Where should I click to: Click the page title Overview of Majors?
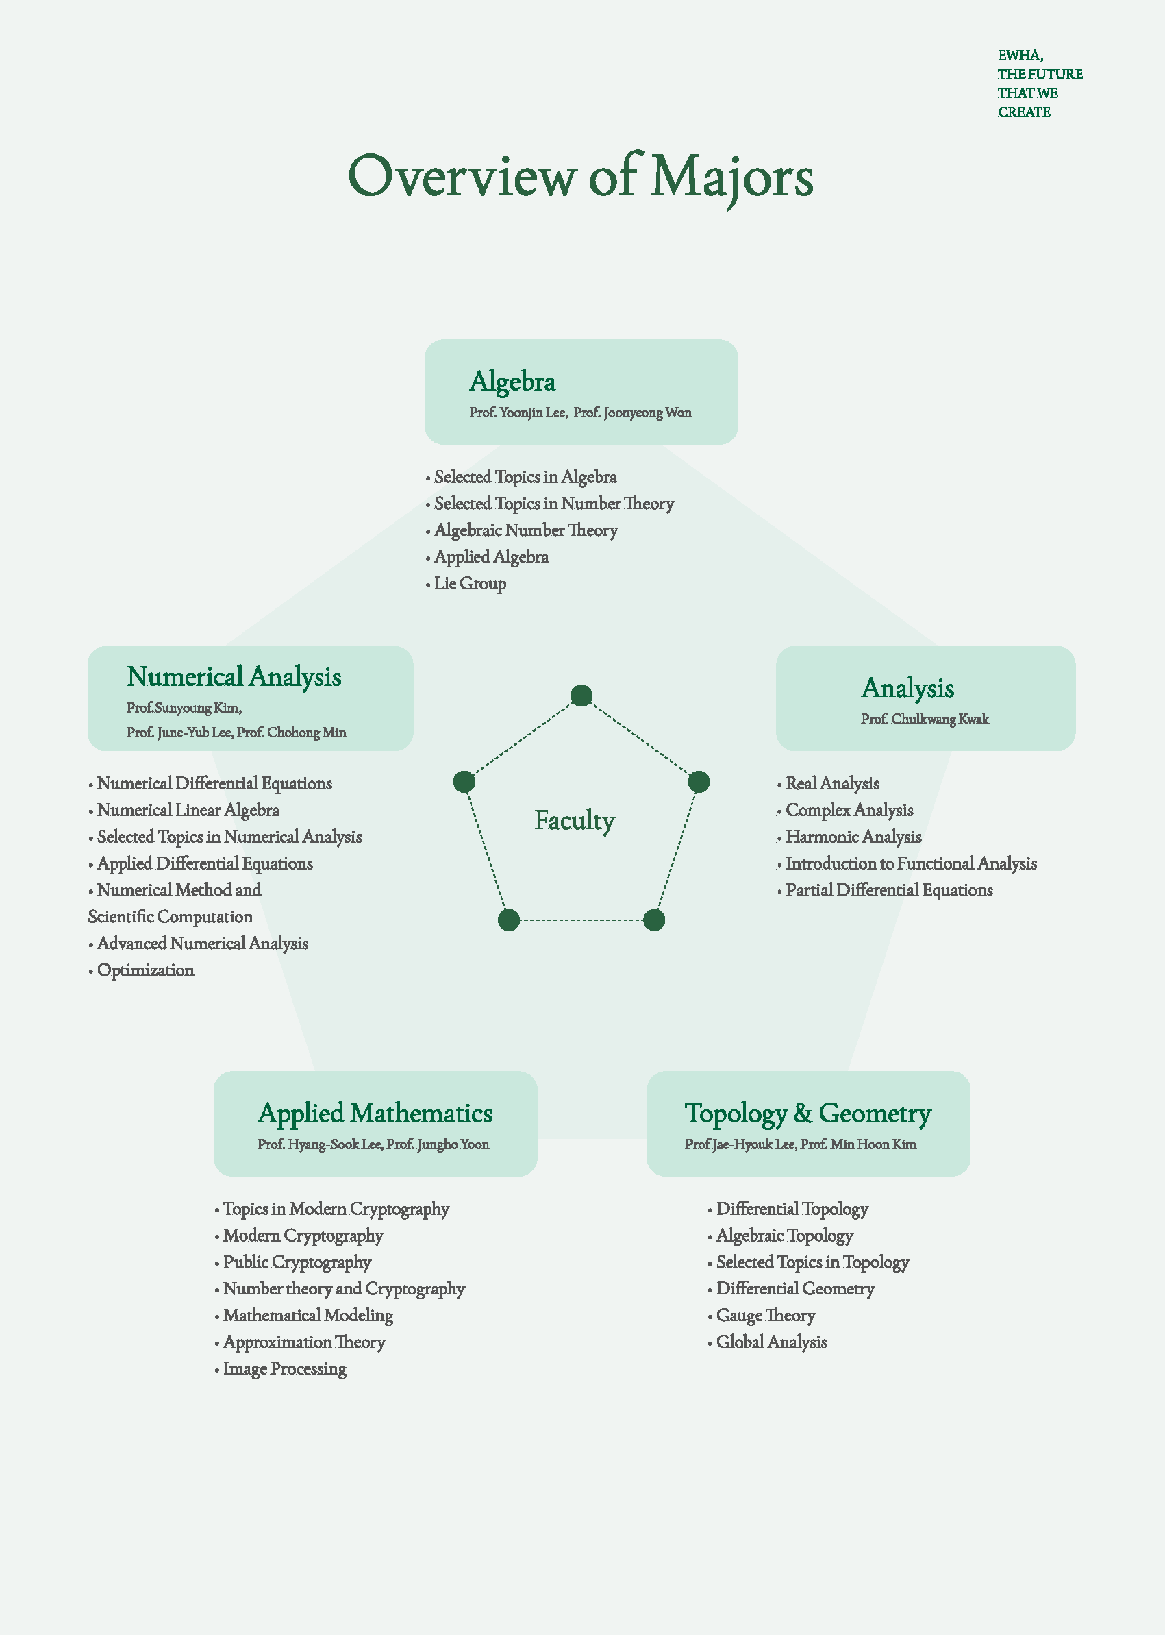pyautogui.click(x=580, y=177)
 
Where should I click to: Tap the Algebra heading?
pyautogui.click(x=512, y=382)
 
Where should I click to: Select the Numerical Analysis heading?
pyautogui.click(x=234, y=677)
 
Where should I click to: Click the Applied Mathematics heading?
pyautogui.click(x=375, y=1114)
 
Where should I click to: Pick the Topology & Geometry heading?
pyautogui.click(x=807, y=1114)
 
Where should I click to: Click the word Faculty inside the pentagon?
pyautogui.click(x=575, y=820)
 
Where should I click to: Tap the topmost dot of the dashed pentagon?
pyautogui.click(x=581, y=695)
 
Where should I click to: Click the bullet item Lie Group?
pyautogui.click(x=470, y=584)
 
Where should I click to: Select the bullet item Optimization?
pyautogui.click(x=146, y=970)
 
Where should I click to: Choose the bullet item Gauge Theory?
pyautogui.click(x=766, y=1316)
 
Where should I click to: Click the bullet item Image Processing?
pyautogui.click(x=285, y=1368)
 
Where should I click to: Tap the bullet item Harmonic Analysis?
pyautogui.click(x=853, y=837)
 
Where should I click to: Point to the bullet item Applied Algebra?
pyautogui.click(x=491, y=557)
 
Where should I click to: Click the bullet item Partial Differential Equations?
pyautogui.click(x=889, y=891)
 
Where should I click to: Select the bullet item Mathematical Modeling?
pyautogui.click(x=308, y=1316)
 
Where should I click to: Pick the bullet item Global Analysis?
pyautogui.click(x=771, y=1342)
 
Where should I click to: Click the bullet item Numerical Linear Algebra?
pyautogui.click(x=188, y=811)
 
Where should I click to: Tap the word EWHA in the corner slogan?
pyautogui.click(x=1019, y=56)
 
